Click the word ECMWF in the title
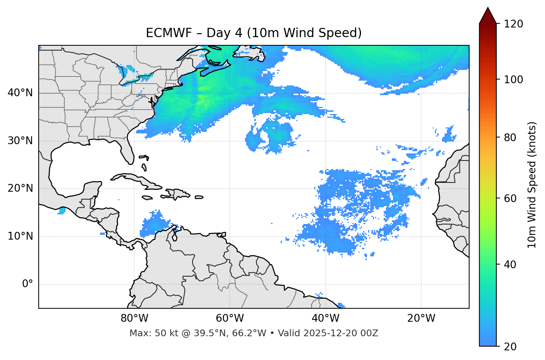tap(162, 33)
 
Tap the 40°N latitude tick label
tap(20, 93)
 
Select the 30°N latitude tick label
tap(20, 141)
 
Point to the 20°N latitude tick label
tap(20, 188)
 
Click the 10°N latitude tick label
tap(20, 236)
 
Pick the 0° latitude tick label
tap(27, 284)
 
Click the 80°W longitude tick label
tap(134, 318)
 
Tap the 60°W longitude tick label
tap(230, 318)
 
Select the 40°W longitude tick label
tap(325, 318)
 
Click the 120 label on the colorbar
tap(513, 24)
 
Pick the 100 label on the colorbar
tap(513, 80)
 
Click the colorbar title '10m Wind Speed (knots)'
tap(532, 185)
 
